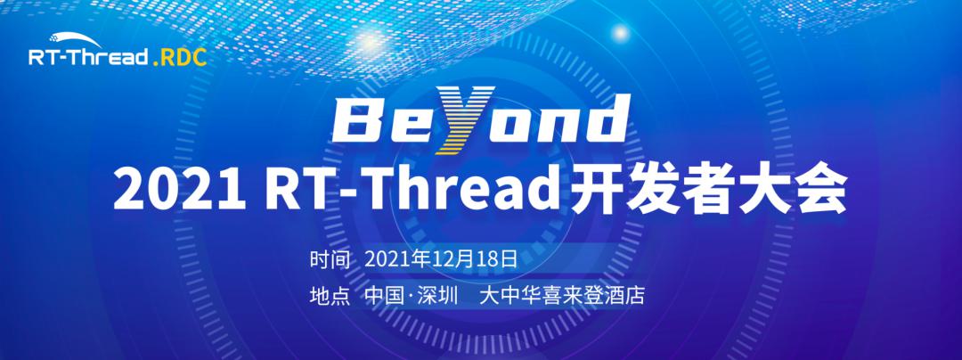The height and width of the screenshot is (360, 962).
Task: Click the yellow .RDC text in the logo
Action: pos(179,58)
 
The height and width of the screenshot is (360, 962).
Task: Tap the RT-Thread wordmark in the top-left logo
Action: pos(88,58)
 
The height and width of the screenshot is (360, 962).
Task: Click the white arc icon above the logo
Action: pos(75,40)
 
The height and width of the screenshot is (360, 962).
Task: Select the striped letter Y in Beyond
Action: pos(464,119)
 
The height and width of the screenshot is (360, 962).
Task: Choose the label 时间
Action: pos(330,260)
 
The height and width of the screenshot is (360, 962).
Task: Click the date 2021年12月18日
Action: pos(442,260)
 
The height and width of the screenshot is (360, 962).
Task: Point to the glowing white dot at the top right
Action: pos(621,32)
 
